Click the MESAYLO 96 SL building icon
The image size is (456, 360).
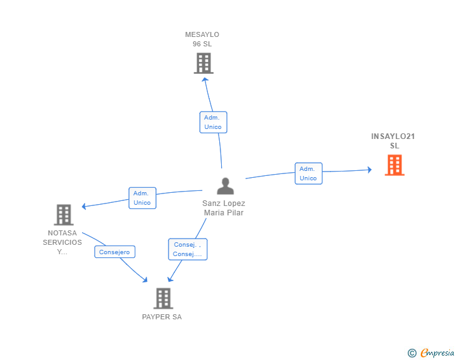tap(203, 63)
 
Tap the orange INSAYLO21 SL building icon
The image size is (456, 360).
tap(394, 165)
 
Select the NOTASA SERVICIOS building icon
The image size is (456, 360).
tap(63, 215)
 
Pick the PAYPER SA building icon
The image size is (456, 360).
tap(163, 298)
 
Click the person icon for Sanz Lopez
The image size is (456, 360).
tap(225, 186)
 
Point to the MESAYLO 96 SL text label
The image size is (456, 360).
tap(202, 39)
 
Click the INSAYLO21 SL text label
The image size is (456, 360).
tap(393, 141)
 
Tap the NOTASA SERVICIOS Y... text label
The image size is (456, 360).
tap(62, 242)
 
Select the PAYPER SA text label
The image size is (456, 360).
tap(162, 317)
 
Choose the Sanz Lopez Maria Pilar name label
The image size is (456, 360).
tap(224, 208)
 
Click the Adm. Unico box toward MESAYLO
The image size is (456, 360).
tap(213, 122)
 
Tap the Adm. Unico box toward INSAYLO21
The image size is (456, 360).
tap(308, 173)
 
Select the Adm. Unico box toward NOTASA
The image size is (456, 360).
tap(142, 198)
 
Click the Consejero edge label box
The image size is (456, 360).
tap(115, 252)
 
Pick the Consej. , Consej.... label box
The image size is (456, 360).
tap(187, 249)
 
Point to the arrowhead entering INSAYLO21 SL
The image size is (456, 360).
tap(370, 170)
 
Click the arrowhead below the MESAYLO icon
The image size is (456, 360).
tap(204, 80)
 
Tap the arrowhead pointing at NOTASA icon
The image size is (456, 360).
tap(85, 205)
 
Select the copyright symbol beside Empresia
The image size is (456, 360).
tap(412, 353)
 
